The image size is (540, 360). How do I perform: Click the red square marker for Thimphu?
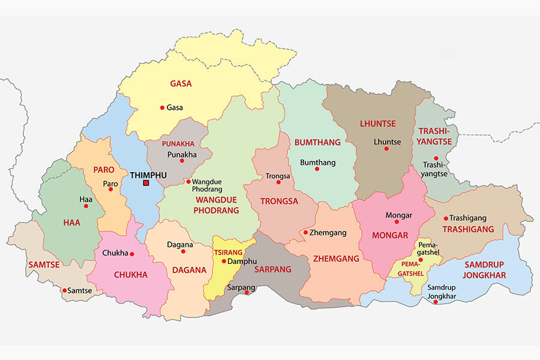146,183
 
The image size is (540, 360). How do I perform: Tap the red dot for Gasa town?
162,108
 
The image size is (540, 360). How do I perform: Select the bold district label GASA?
181,84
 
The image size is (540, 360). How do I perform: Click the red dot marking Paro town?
110,189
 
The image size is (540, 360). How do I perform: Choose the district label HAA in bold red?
71,223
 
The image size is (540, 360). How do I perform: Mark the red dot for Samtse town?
64,290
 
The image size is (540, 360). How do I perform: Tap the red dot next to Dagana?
184,251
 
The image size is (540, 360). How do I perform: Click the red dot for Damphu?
224,261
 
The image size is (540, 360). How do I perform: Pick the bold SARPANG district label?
273,269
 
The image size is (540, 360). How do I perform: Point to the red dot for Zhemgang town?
305,232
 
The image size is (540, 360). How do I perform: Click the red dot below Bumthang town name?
317,169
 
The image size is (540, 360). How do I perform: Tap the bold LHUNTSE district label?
378,124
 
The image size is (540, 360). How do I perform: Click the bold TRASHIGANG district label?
468,229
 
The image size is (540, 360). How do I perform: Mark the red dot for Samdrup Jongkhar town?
436,302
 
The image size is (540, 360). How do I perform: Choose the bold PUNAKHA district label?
178,144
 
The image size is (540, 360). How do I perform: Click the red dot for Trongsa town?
278,182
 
